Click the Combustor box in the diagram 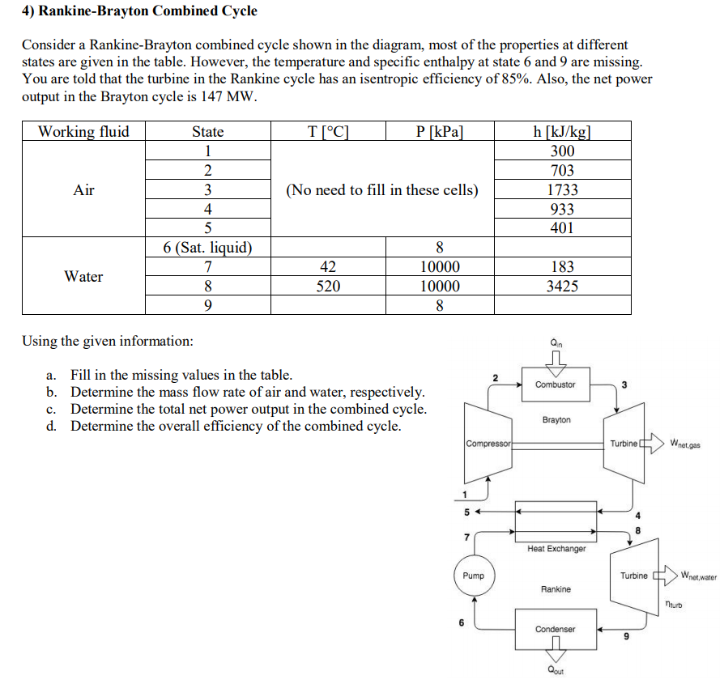pos(556,385)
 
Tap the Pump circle pos(473,576)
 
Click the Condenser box pos(556,629)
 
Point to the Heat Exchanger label pos(556,549)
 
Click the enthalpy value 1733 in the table pos(562,189)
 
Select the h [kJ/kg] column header pos(562,132)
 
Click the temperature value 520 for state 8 pos(328,286)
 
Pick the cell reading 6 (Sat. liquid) pos(207,248)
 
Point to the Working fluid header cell pos(83,132)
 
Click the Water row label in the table pos(83,276)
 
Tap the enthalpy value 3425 pos(562,286)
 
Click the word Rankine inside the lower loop pos(556,589)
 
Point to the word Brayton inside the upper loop pos(556,419)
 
